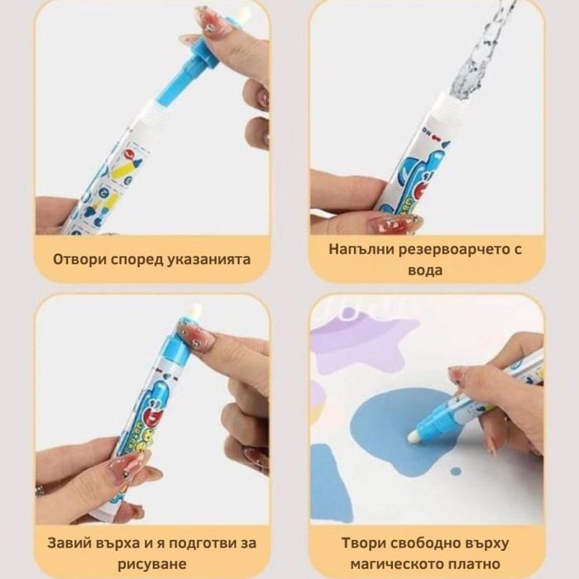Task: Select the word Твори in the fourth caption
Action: click(362, 543)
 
